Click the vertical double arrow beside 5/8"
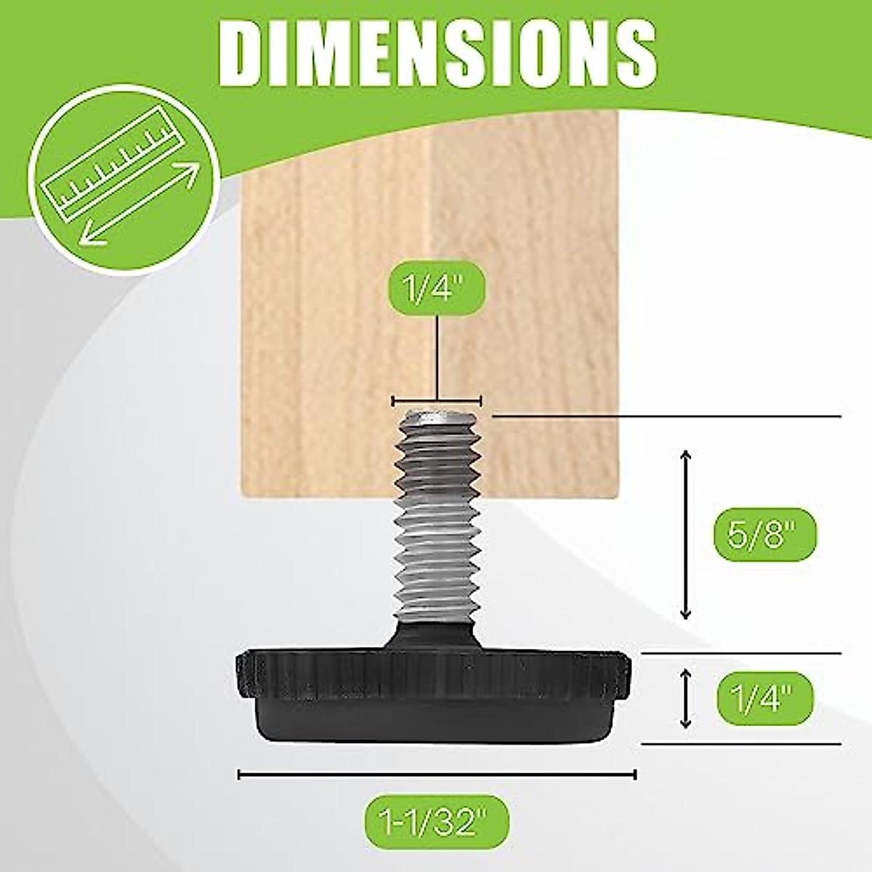point(685,534)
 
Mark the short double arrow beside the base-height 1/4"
point(685,699)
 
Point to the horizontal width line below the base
point(437,775)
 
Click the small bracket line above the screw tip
point(437,400)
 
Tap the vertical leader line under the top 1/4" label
point(437,360)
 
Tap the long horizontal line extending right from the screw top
point(665,416)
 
